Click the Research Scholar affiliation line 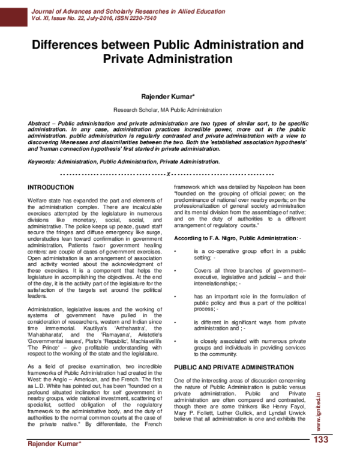168,110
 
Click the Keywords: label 45,162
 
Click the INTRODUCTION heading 55,187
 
